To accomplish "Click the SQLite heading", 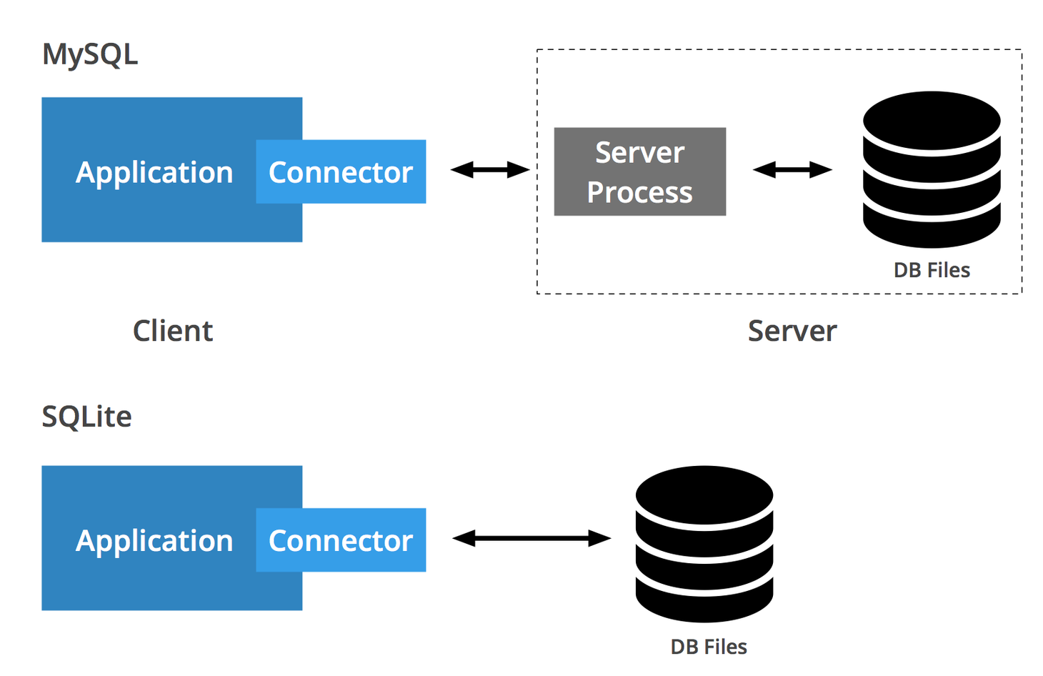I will tap(86, 417).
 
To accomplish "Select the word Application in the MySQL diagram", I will tap(154, 172).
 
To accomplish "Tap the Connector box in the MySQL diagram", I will tap(341, 172).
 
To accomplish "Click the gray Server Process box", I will tap(639, 172).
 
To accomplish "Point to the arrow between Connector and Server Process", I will tap(490, 170).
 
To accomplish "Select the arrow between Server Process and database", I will tap(792, 170).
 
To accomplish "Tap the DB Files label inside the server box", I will tap(932, 270).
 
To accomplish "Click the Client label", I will tap(173, 331).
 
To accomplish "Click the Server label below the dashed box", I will tap(792, 331).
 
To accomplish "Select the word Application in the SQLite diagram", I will tap(154, 541).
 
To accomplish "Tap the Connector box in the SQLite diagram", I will tap(341, 540).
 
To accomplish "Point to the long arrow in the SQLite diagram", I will tap(532, 538).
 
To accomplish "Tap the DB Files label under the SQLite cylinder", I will tap(709, 647).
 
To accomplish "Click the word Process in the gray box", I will tap(639, 192).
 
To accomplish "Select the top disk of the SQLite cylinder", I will tap(704, 494).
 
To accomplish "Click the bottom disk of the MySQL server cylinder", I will tap(931, 224).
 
